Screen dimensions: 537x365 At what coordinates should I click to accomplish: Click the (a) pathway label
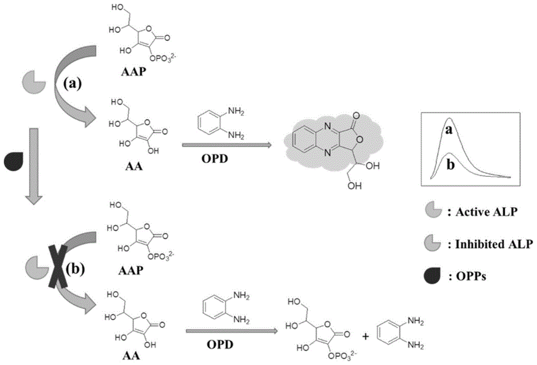click(x=72, y=84)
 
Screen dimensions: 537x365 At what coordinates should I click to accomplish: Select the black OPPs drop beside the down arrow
click(x=13, y=161)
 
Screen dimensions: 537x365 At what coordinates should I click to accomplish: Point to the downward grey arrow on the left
click(x=33, y=166)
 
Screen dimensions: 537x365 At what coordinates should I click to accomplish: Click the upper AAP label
click(x=134, y=73)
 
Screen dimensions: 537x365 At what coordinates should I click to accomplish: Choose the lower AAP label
click(x=131, y=271)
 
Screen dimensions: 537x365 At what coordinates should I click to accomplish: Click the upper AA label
click(x=134, y=167)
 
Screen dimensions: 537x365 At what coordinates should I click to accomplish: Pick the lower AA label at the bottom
click(x=132, y=356)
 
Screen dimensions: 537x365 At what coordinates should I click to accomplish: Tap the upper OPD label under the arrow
click(x=215, y=159)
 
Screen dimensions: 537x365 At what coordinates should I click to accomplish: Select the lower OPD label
click(x=220, y=344)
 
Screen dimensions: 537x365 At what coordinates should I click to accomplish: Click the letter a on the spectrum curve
click(x=449, y=130)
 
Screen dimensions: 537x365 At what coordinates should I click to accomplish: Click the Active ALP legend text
click(x=482, y=212)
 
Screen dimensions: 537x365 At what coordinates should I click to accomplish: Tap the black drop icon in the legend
click(x=432, y=275)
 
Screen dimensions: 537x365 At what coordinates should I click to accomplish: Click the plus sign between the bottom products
click(x=366, y=337)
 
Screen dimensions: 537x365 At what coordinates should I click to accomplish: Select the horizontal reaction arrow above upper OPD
click(x=227, y=145)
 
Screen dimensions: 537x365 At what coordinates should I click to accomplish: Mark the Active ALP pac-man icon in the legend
click(x=432, y=210)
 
